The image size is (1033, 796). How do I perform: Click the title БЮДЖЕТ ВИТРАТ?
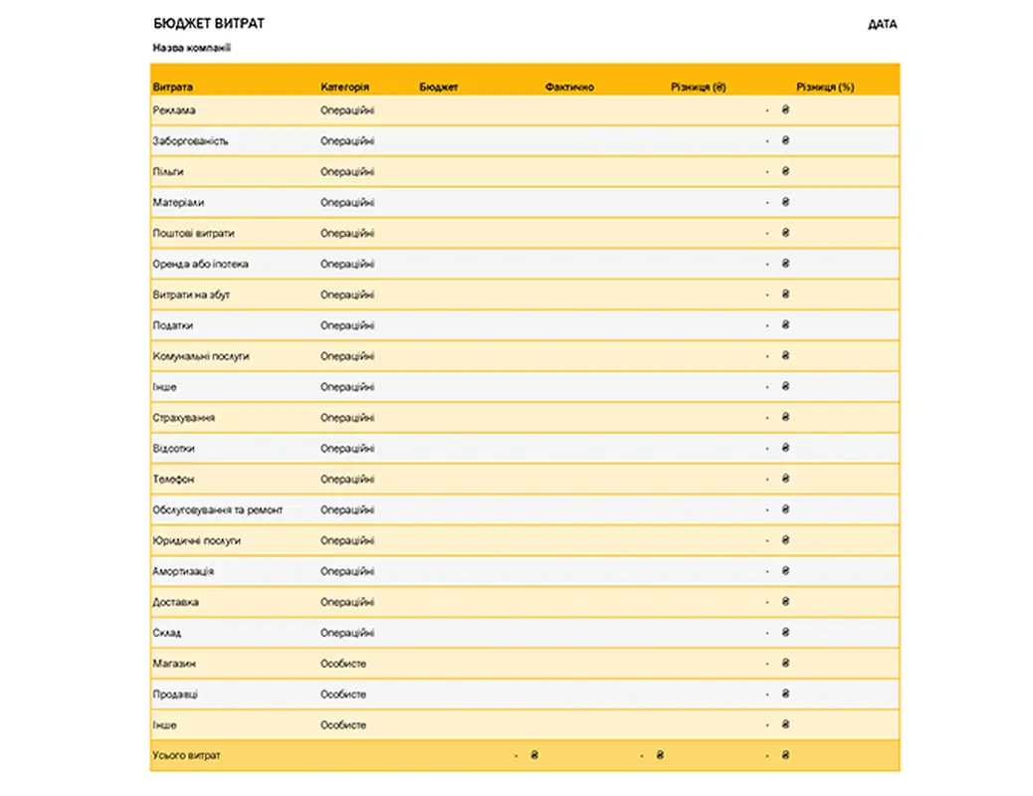(x=209, y=23)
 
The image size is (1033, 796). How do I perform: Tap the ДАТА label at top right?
(x=882, y=24)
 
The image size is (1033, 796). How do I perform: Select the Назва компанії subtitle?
(x=192, y=48)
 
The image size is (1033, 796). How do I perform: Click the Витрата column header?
(x=173, y=88)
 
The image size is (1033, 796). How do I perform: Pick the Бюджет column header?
(x=439, y=88)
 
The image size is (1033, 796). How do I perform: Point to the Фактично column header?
(x=569, y=88)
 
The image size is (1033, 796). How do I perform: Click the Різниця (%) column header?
(x=825, y=88)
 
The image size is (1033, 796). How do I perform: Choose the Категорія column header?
(x=345, y=88)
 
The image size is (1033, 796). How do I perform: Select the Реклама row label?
(x=174, y=110)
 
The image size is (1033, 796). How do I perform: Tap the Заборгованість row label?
(x=190, y=141)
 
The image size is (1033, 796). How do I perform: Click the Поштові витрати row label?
(x=193, y=233)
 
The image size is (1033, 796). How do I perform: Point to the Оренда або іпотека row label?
(x=200, y=264)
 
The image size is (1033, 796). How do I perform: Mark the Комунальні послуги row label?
(x=200, y=356)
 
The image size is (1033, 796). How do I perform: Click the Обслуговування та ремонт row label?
(x=217, y=509)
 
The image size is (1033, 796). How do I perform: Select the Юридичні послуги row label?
(x=196, y=540)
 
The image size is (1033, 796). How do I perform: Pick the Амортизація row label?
(x=183, y=571)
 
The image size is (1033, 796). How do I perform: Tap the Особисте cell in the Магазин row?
(x=343, y=664)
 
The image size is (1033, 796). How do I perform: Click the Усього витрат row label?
(x=186, y=756)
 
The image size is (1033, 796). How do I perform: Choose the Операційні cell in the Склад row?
(x=347, y=633)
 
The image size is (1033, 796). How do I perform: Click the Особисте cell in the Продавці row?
(x=343, y=695)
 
